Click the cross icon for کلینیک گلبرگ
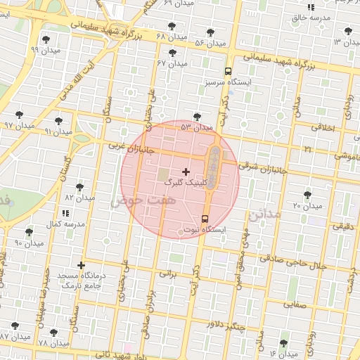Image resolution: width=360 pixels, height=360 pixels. click(x=186, y=172)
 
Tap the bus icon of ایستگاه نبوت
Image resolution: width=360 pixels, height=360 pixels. click(x=205, y=219)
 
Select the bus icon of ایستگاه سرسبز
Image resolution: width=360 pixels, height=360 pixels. click(x=228, y=71)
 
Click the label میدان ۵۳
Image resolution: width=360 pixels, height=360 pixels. click(x=196, y=127)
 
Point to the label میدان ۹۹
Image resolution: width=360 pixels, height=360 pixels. click(x=46, y=51)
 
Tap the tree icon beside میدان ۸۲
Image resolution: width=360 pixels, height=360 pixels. click(x=79, y=187)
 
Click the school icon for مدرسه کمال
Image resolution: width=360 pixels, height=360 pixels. click(x=65, y=212)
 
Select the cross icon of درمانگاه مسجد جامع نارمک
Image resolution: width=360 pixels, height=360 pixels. click(x=82, y=266)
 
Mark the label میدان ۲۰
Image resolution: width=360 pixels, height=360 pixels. click(x=307, y=205)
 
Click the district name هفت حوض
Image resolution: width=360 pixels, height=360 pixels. click(x=137, y=201)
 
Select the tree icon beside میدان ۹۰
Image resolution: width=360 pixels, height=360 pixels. click(x=29, y=232)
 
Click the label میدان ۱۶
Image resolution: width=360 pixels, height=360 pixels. click(x=283, y=354)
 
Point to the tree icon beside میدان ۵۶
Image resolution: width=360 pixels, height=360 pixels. click(x=211, y=32)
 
